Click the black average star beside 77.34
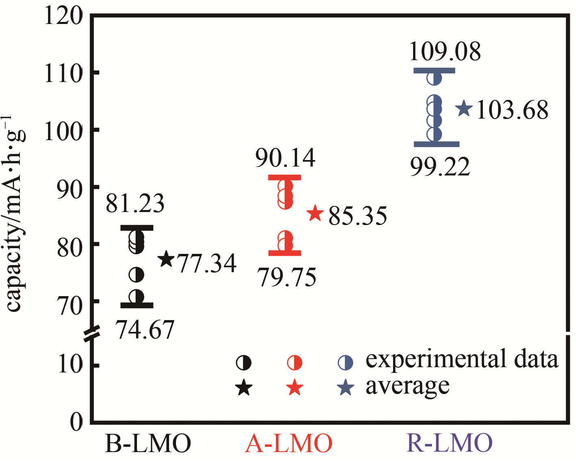point(166,259)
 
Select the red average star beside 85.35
point(315,213)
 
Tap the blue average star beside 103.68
point(464,108)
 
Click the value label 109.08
point(445,52)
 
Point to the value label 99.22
point(440,167)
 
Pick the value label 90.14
point(285,158)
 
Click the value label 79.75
point(287,278)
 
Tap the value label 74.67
point(145,329)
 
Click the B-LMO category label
point(148,444)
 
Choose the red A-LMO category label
point(289,444)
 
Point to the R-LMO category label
point(449,444)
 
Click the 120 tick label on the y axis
point(63,17)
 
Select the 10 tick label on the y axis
point(70,364)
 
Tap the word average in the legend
point(407,386)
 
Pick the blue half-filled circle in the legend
point(346,362)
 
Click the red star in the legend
point(294,388)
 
